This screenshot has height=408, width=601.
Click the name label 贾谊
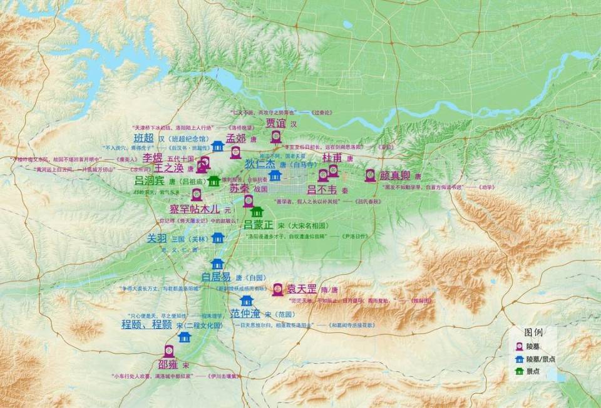[x=275, y=123]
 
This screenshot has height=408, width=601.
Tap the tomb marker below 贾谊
[x=276, y=138]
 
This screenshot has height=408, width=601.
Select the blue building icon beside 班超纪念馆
[x=218, y=146]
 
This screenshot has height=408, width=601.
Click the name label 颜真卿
[x=396, y=175]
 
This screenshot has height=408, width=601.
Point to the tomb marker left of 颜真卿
[x=370, y=175]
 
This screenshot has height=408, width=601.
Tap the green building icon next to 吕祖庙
[x=213, y=181]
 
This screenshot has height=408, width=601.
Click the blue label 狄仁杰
[x=260, y=165]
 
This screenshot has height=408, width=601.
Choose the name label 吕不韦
[x=322, y=189]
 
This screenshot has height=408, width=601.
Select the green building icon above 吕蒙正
[x=257, y=212]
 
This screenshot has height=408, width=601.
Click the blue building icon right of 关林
[x=217, y=238]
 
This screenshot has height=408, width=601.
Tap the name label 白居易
[x=215, y=277]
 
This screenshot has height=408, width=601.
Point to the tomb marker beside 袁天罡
[x=277, y=289]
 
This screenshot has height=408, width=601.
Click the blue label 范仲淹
[x=244, y=313]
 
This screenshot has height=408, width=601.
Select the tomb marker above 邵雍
[x=168, y=350]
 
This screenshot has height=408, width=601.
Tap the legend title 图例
[x=533, y=332]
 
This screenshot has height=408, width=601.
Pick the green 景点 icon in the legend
[x=519, y=372]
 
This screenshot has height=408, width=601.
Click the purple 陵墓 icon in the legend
[x=519, y=346]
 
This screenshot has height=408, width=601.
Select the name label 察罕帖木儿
[x=195, y=208]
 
